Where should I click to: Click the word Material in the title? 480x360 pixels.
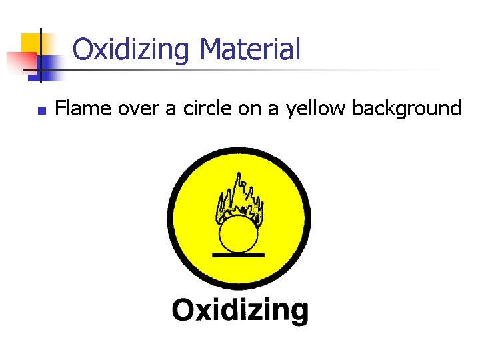click(x=250, y=49)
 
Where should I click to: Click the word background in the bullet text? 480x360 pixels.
click(x=406, y=109)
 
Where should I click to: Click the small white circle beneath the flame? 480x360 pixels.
click(x=239, y=234)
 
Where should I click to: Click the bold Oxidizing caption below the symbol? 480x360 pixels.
click(x=240, y=311)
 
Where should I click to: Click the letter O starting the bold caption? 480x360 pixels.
click(x=183, y=309)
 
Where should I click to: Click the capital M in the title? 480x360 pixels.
click(x=211, y=49)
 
